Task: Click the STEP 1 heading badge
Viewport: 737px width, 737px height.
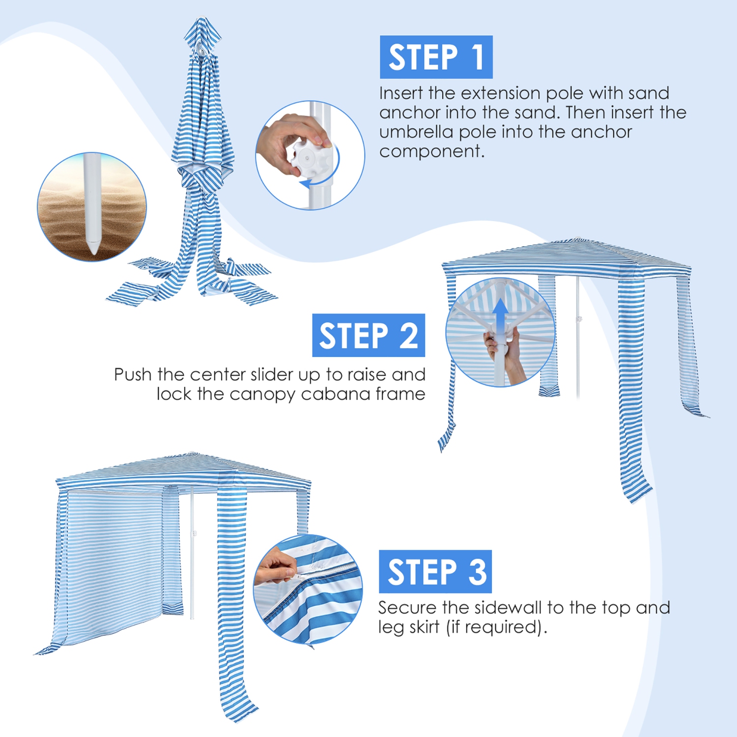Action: click(436, 57)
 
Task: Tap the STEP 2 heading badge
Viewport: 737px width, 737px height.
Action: click(368, 336)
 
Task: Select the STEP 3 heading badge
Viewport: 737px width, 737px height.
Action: click(435, 571)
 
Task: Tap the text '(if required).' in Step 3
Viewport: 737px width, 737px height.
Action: click(496, 627)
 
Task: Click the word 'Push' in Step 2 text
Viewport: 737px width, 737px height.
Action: click(133, 375)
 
